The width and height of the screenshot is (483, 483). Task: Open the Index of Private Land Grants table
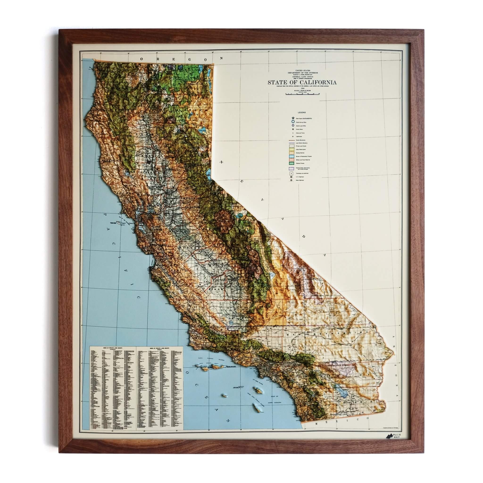(x=137, y=391)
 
